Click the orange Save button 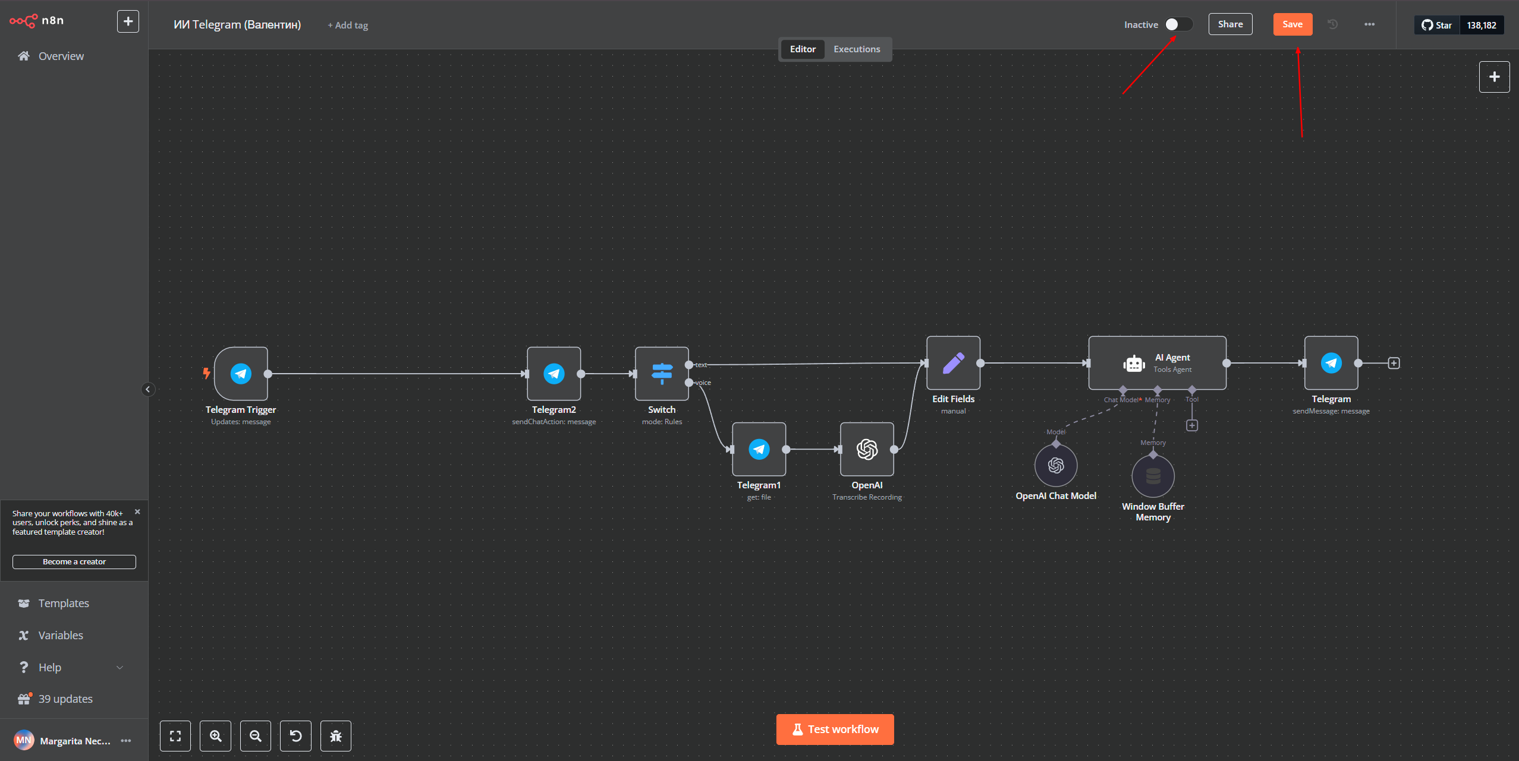pyautogui.click(x=1292, y=24)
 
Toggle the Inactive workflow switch pyautogui.click(x=1178, y=24)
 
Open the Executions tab pyautogui.click(x=857, y=49)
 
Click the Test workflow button pyautogui.click(x=835, y=730)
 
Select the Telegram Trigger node pyautogui.click(x=241, y=374)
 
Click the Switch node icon pyautogui.click(x=662, y=374)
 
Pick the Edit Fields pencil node pyautogui.click(x=954, y=363)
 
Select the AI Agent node pyautogui.click(x=1158, y=363)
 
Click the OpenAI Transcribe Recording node pyautogui.click(x=867, y=449)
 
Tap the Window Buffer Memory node pyautogui.click(x=1153, y=476)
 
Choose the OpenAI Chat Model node pyautogui.click(x=1056, y=465)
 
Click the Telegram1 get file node pyautogui.click(x=759, y=449)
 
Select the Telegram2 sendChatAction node pyautogui.click(x=554, y=374)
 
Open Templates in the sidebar pyautogui.click(x=64, y=603)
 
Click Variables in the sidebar pyautogui.click(x=61, y=635)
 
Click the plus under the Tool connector pyautogui.click(x=1192, y=425)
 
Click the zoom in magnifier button pyautogui.click(x=216, y=736)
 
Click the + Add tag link pyautogui.click(x=348, y=25)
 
